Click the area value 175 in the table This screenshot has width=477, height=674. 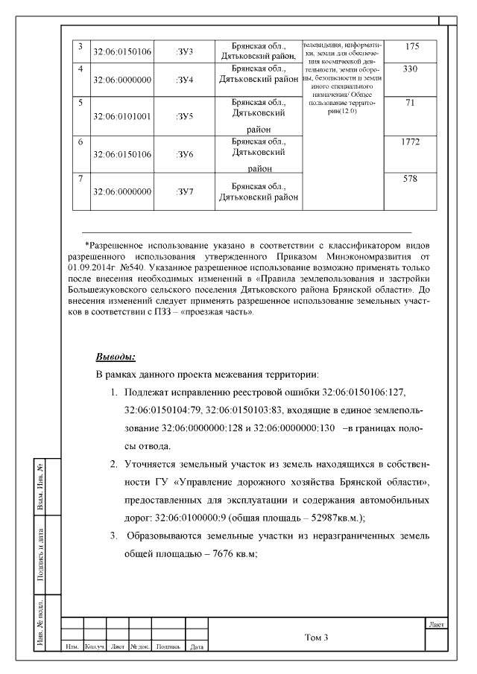click(x=412, y=47)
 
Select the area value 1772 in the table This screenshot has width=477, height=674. click(x=412, y=142)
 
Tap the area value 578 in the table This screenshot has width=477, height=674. click(x=412, y=179)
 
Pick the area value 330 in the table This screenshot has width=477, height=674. click(x=412, y=69)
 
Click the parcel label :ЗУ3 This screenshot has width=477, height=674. click(x=184, y=52)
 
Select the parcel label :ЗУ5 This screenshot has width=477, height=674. click(x=184, y=116)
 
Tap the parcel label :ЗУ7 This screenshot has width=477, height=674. click(x=184, y=192)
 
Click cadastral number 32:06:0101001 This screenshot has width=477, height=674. click(x=121, y=116)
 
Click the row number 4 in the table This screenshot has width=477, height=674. click(x=80, y=69)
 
